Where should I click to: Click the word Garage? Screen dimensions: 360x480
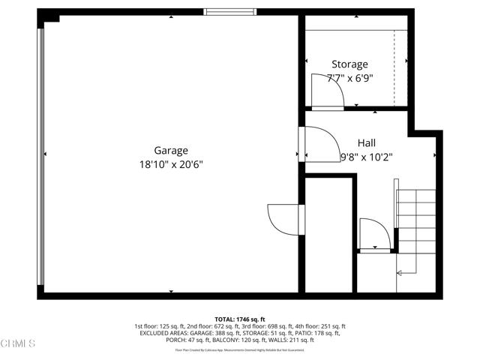point(171,150)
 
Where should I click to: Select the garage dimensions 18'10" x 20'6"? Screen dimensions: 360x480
point(171,163)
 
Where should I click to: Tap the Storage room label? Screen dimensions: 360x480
point(349,64)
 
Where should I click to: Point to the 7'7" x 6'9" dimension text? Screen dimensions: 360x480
point(349,78)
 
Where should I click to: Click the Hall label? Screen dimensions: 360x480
point(367,142)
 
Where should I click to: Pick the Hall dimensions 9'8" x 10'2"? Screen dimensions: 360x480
point(367,157)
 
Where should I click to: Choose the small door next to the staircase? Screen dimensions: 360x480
point(373,233)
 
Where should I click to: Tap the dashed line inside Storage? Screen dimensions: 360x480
point(394,68)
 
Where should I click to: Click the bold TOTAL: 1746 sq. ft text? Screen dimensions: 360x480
point(240,319)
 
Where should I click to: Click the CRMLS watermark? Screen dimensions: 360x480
point(19,344)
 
